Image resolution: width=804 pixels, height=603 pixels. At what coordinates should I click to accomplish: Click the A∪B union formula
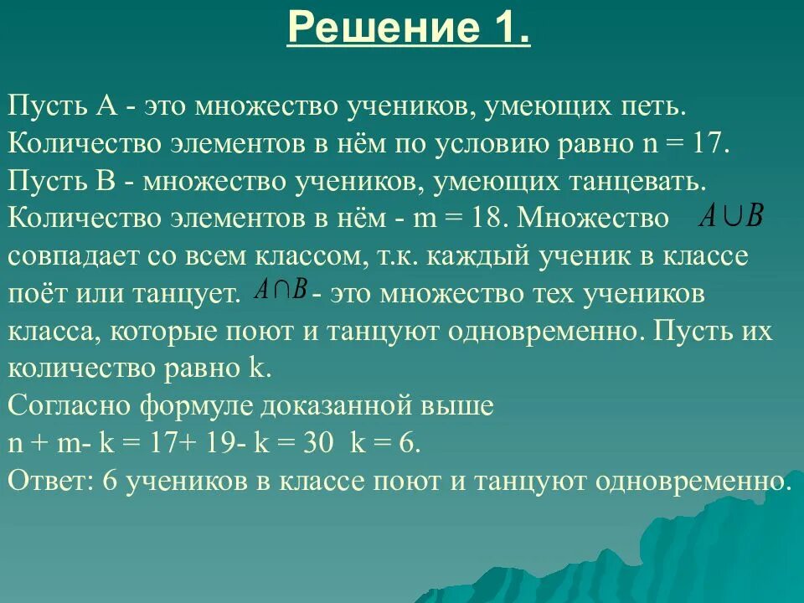click(732, 217)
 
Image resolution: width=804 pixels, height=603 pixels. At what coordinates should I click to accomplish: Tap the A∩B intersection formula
click(281, 290)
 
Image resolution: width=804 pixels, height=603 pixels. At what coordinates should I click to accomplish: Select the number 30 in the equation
click(317, 443)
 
